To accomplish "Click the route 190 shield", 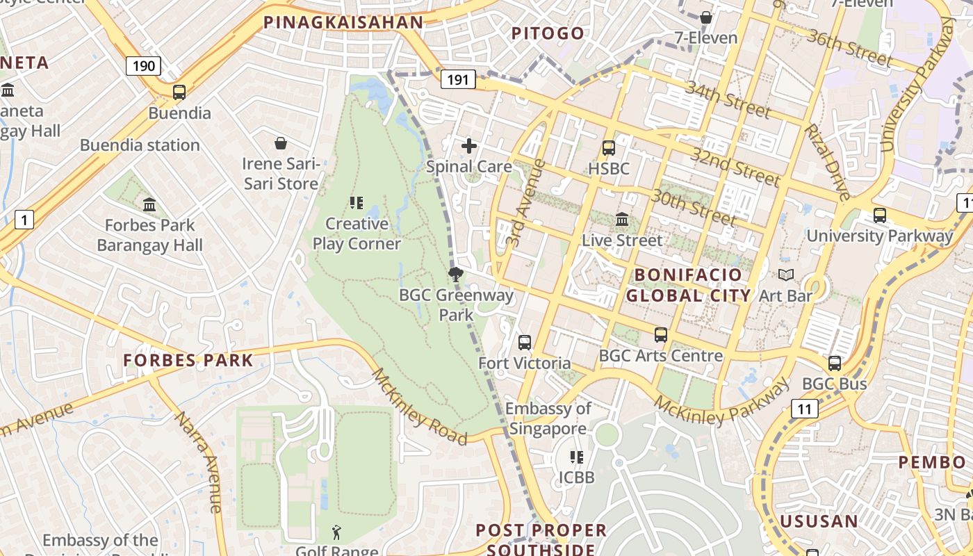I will point(143,66).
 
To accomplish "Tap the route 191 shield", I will point(458,79).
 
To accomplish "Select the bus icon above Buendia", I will point(179,92).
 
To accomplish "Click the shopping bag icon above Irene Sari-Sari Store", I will point(281,143).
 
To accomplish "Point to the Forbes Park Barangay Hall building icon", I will point(149,204).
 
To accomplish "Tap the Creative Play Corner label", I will point(357,234).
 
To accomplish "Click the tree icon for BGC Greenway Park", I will point(456,274).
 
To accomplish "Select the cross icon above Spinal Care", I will point(469,146).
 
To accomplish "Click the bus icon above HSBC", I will point(609,147).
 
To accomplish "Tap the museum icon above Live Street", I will point(622,220).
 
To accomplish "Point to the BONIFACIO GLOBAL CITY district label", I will point(688,285).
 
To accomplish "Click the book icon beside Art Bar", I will point(786,275).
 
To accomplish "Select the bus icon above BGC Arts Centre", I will point(661,335).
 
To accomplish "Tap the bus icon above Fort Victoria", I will point(525,343).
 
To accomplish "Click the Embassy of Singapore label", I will point(548,418).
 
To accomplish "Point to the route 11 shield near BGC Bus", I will point(804,409).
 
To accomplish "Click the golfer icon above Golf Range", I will point(337,532).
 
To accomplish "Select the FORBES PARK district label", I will point(188,360).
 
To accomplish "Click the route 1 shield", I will point(24,220).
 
